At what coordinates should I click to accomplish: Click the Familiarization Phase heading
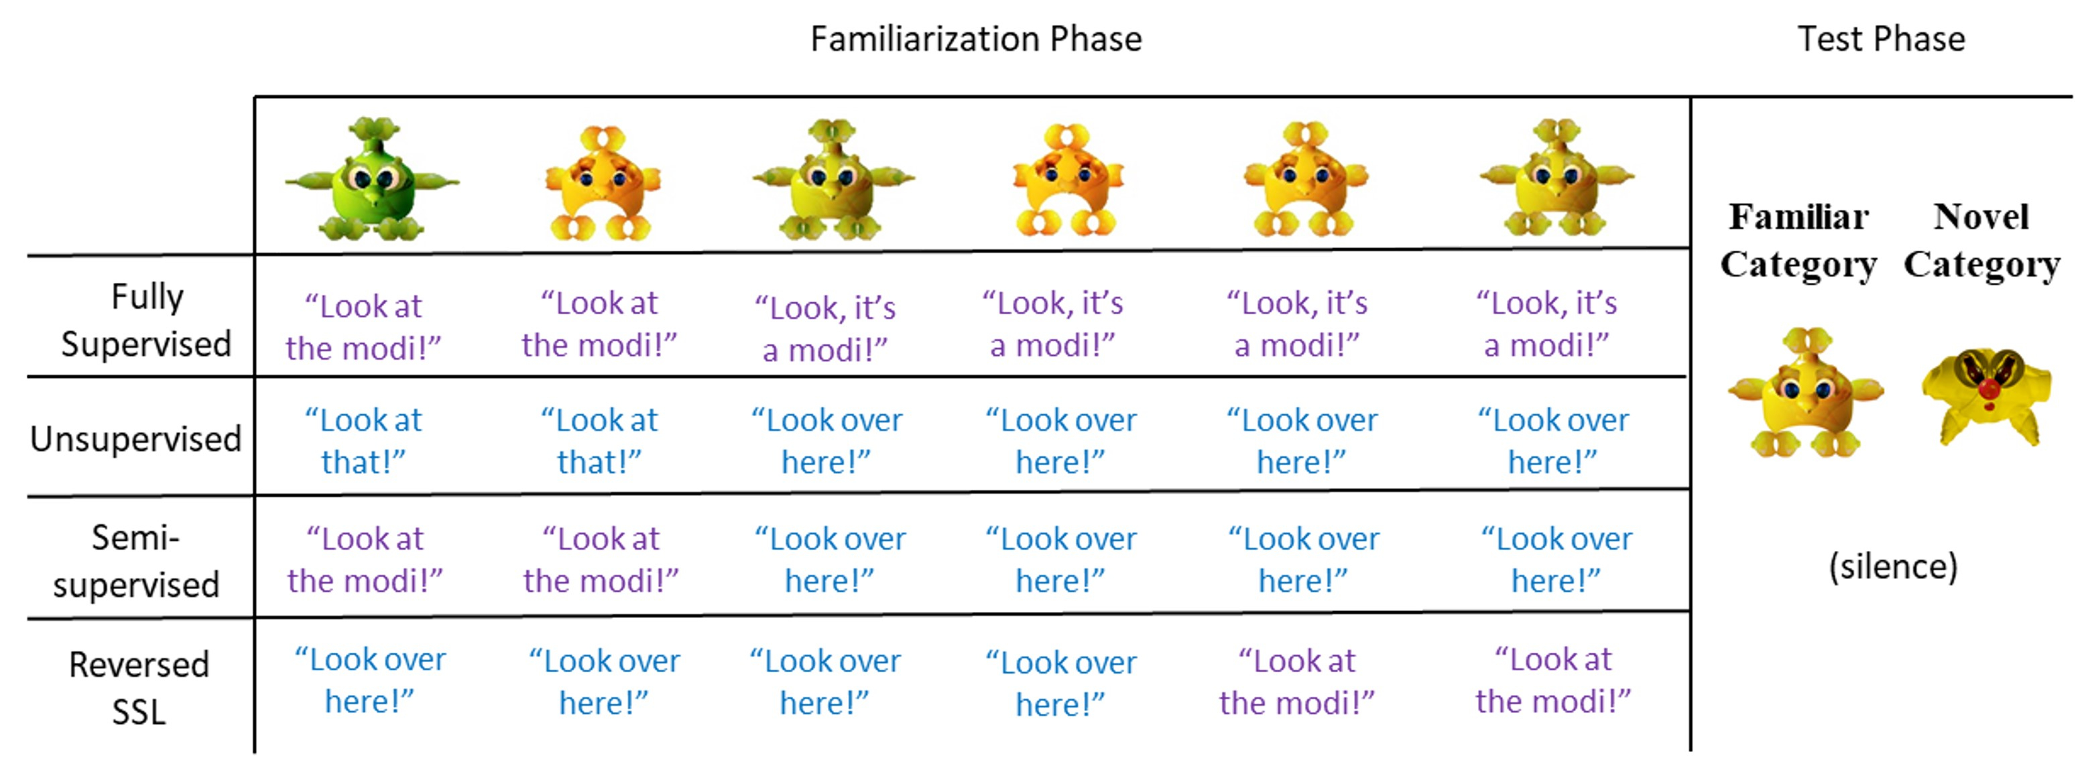coord(976,39)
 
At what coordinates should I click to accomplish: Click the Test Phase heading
coord(1880,39)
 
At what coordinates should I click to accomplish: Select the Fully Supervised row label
coord(146,320)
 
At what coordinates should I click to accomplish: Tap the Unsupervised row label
coord(136,439)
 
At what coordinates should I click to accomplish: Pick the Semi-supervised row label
coord(136,561)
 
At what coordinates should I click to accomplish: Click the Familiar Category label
coord(1798,241)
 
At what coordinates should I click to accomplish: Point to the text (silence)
coord(1893,566)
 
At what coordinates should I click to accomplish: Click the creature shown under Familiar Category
coord(1805,393)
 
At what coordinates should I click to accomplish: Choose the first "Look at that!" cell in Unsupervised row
coord(363,441)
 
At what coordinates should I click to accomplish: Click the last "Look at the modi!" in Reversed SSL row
coord(1552,681)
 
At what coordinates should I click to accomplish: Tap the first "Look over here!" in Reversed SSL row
coord(369,681)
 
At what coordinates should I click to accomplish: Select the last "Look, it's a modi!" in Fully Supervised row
coord(1546,324)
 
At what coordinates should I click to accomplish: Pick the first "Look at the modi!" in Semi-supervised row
coord(365,560)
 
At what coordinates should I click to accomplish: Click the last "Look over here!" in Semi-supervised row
coord(1556,560)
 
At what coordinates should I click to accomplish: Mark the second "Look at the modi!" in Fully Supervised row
coord(599,324)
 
